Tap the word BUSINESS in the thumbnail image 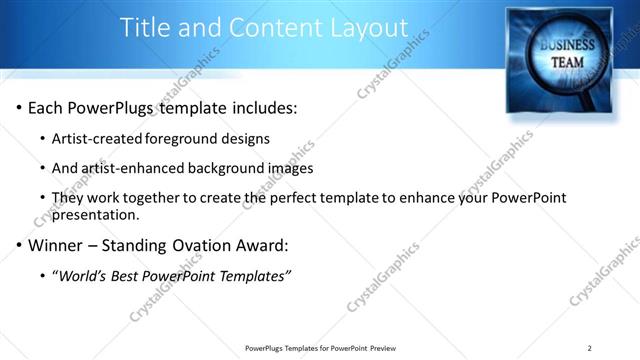568,46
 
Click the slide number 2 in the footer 590,348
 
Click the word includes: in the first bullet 263,107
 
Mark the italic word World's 85,276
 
